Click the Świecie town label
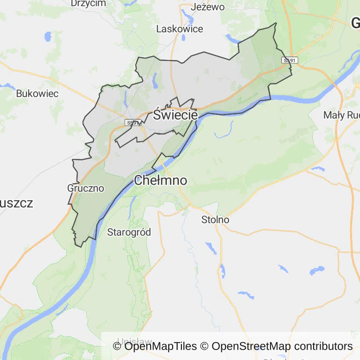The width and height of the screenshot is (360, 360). point(175,115)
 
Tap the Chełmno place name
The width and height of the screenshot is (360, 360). point(160,180)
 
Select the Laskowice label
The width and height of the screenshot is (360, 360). point(180,29)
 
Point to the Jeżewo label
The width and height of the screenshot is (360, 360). point(208,7)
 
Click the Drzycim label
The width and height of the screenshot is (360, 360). point(88,3)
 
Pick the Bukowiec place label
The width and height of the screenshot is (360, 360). point(37,94)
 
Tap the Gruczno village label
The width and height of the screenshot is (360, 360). point(86,188)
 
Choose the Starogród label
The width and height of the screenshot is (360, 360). point(129,232)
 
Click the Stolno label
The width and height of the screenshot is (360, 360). point(215,219)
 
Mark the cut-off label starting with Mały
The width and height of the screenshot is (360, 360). point(341,115)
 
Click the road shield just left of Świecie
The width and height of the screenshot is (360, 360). point(133,123)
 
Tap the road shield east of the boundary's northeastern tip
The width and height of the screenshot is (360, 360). point(289,60)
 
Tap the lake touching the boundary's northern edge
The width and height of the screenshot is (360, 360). point(233,39)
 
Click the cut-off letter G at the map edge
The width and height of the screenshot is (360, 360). point(356,22)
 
